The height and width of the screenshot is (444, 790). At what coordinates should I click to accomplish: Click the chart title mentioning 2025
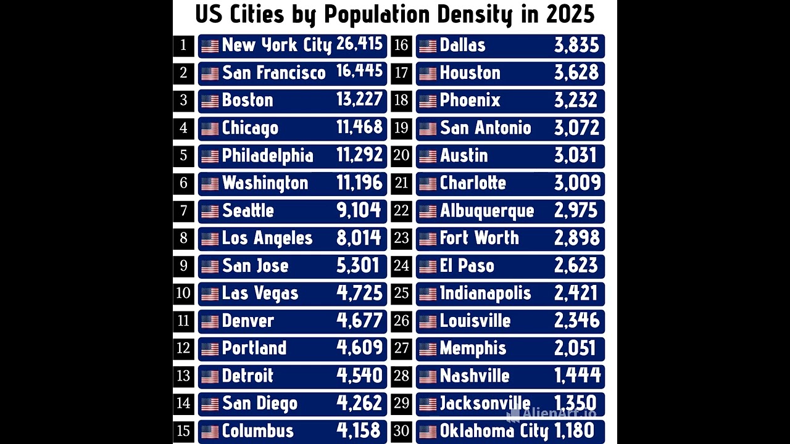pos(395,15)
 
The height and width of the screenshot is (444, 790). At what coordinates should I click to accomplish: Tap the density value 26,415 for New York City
pos(360,45)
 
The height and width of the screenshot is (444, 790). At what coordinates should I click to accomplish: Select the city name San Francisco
pos(273,73)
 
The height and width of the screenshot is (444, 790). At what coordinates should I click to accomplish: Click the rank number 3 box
pos(183,101)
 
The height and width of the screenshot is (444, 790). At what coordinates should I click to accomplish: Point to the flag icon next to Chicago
pos(210,129)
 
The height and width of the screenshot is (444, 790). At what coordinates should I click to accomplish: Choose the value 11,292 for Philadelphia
pos(360,155)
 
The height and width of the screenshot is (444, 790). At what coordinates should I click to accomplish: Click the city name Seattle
pos(247,211)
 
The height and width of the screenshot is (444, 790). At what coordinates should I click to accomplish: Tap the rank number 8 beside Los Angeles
pos(183,239)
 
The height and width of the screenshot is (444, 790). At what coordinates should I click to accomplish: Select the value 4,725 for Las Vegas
pos(360,294)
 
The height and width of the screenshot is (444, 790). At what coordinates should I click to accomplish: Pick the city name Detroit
pos(247,376)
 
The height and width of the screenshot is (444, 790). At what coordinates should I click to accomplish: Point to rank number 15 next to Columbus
pos(183,431)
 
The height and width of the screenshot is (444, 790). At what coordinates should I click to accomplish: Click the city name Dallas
pos(462,46)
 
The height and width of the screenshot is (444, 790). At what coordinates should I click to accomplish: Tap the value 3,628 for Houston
pos(576,73)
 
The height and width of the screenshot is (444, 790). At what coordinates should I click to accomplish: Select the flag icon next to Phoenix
pos(428,101)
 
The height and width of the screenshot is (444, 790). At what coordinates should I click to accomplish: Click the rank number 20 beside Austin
pos(401,155)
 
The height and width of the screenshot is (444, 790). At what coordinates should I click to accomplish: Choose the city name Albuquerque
pos(487,211)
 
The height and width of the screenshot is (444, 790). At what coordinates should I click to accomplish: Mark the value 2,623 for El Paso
pos(576,266)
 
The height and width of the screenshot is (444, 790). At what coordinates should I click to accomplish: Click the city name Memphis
pos(473,348)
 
